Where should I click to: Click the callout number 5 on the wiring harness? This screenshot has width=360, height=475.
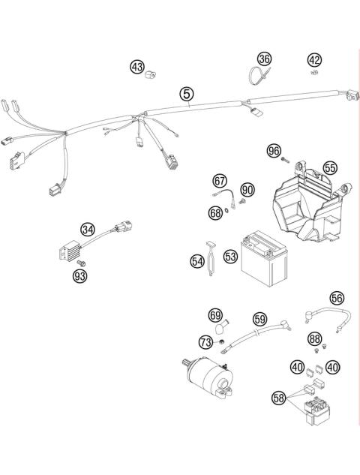[x=186, y=94]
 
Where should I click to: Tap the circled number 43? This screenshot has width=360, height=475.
[x=137, y=68]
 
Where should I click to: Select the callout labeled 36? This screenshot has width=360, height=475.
[x=263, y=59]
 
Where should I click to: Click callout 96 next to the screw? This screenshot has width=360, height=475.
[x=274, y=151]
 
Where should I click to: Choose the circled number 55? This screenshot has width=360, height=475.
[x=330, y=169]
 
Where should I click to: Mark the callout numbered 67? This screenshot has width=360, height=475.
[x=220, y=180]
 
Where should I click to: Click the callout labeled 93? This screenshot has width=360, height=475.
[x=79, y=276]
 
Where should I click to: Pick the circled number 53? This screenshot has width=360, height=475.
[x=230, y=257]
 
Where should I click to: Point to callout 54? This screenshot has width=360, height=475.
[x=197, y=260]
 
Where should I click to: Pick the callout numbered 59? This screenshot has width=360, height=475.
[x=259, y=318]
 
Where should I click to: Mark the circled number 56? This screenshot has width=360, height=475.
[x=337, y=298]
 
